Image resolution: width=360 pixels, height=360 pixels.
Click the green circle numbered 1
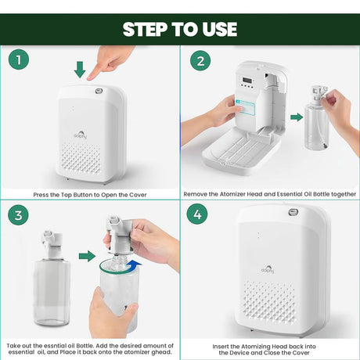19,59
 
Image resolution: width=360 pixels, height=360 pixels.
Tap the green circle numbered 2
200,60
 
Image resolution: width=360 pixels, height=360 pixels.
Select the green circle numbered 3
18,215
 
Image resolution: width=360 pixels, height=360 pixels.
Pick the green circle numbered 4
197,214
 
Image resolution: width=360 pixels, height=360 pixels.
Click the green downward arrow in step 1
80,70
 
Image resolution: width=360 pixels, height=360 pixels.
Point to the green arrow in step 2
297,117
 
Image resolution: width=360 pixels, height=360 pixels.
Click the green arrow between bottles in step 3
88,256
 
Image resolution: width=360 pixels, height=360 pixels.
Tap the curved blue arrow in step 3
134,265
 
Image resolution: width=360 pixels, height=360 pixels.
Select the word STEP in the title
146,29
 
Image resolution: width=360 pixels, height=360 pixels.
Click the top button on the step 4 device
293,212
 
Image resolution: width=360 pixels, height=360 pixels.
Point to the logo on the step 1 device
81,135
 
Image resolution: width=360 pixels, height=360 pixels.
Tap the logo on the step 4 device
268,269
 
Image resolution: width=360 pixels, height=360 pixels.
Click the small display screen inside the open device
247,80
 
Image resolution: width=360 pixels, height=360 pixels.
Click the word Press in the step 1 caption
41,195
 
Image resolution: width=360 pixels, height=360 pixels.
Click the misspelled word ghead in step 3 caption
164,352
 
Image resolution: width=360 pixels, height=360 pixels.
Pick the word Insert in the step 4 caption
221,347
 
